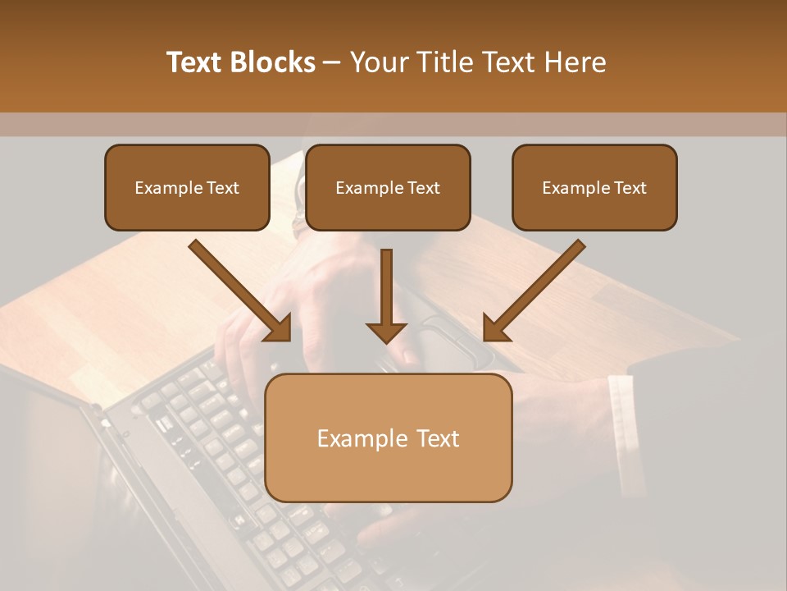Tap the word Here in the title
coord(573,62)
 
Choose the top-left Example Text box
coord(187,188)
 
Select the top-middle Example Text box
coord(388,188)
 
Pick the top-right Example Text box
coord(594,188)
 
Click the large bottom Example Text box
coord(389,438)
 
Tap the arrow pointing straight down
coord(386,291)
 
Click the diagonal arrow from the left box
coord(238,289)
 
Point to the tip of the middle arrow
coord(386,340)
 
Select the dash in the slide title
coord(332,62)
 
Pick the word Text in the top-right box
coord(630,188)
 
